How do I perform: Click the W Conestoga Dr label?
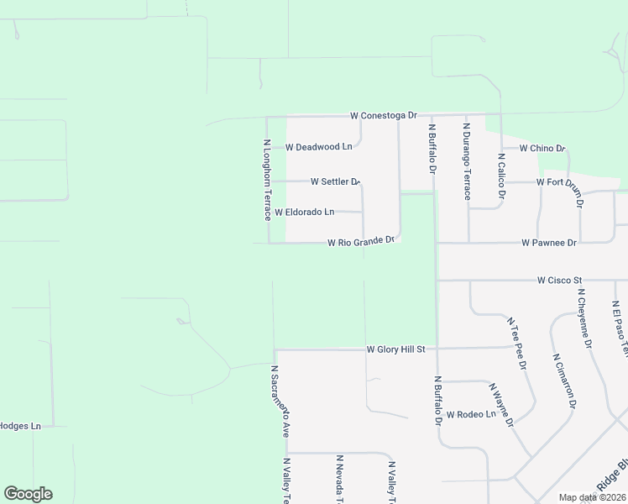tap(383, 115)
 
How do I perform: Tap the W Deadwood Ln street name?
tap(318, 147)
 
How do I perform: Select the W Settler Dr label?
tap(335, 181)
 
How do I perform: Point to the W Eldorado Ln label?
tap(304, 212)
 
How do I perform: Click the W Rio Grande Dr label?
tap(360, 242)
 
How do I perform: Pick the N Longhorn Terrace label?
tap(267, 180)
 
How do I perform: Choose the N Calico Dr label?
tap(501, 176)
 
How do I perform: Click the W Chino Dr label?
tap(542, 149)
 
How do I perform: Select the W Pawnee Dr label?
tap(549, 243)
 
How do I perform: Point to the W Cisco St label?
tap(560, 280)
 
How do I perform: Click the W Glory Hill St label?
tap(396, 349)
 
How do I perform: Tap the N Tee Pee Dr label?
tap(516, 343)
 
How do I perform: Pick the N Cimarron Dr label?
tap(564, 381)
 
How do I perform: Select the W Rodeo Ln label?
tap(470, 414)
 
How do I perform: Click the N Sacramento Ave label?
tap(280, 401)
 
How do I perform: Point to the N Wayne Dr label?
tap(501, 405)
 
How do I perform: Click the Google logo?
tap(28, 494)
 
